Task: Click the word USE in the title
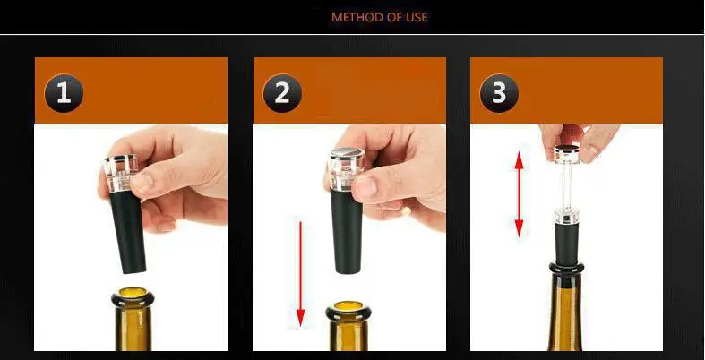pos(417,18)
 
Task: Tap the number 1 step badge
pos(64,93)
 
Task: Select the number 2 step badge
pos(282,93)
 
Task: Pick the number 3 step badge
pos(499,93)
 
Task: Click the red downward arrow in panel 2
pos(300,274)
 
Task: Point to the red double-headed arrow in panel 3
pos(520,194)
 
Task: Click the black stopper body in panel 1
pos(129,232)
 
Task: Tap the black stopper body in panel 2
pos(347,231)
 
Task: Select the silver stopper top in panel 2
pos(347,153)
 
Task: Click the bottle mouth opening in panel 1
pos(133,293)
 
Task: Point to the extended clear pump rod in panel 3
pos(566,185)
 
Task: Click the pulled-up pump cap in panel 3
pos(566,154)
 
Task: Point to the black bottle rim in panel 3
pos(566,269)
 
